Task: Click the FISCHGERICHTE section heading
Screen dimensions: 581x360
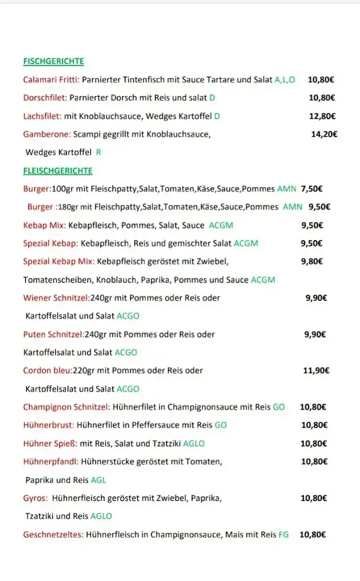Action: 53,61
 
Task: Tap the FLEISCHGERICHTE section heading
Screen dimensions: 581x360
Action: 57,171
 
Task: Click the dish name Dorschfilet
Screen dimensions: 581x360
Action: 45,98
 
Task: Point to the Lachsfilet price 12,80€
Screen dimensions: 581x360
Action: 322,116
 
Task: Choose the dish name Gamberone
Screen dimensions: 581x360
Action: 47,134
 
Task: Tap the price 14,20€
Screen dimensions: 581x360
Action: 324,134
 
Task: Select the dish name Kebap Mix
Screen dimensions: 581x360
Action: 44,225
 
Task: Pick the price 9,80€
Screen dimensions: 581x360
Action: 312,262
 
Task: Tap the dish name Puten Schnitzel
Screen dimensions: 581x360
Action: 53,334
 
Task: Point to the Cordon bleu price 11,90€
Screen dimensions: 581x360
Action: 316,371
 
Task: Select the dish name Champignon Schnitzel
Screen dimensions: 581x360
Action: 66,407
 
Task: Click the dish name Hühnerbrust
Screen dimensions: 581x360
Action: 48,425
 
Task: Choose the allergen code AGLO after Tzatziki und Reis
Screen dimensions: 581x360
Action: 101,516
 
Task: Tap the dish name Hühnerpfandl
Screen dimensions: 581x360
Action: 50,462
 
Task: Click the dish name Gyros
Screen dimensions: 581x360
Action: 35,498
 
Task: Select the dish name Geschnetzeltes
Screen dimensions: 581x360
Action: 53,534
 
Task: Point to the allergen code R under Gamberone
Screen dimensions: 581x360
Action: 98,153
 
